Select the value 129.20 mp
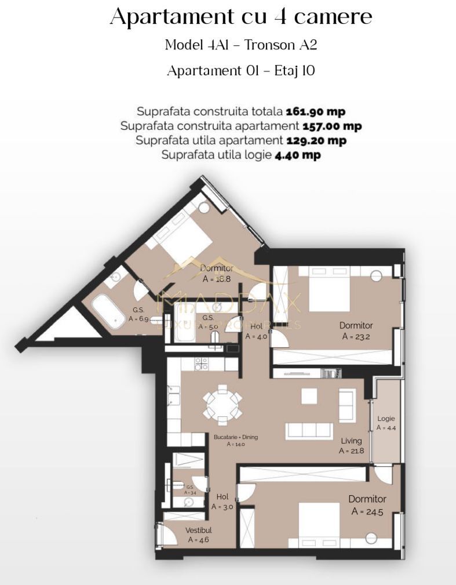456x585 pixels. (x=316, y=140)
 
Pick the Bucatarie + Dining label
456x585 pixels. (x=236, y=440)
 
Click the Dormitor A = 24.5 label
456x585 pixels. (x=367, y=505)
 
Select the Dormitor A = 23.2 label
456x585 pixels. (x=356, y=330)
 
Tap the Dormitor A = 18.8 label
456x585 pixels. (x=217, y=273)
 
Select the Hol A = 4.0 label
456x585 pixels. (x=256, y=331)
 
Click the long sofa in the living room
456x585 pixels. (x=309, y=431)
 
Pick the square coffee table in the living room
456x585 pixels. (x=309, y=396)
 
